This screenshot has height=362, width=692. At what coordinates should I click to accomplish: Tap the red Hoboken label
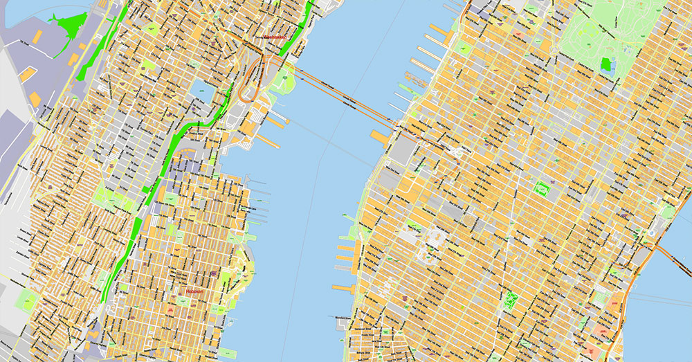195,292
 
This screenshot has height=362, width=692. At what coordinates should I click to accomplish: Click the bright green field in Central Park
608,65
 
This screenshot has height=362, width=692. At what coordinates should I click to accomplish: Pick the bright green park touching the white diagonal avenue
512,300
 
